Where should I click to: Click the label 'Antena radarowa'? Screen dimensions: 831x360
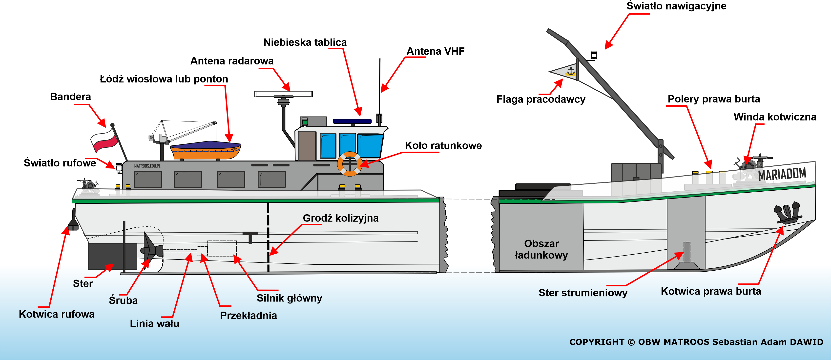click(232, 61)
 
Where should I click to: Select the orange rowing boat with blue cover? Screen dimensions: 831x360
click(206, 150)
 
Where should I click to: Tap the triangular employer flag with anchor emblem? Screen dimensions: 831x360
click(564, 72)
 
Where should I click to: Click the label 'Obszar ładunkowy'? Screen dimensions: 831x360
click(541, 249)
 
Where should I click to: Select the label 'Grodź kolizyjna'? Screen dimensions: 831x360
click(341, 218)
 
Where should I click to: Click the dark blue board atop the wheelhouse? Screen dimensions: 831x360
click(352, 121)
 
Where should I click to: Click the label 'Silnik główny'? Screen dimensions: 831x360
click(289, 298)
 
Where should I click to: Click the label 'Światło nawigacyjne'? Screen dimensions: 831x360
click(676, 6)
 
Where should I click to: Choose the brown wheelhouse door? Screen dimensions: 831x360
click(307, 146)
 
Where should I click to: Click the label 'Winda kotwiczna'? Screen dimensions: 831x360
click(775, 117)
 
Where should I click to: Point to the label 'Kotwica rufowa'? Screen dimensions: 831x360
click(57, 314)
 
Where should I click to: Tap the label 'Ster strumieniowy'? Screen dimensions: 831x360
click(583, 293)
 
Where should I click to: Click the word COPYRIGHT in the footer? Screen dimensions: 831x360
click(597, 342)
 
